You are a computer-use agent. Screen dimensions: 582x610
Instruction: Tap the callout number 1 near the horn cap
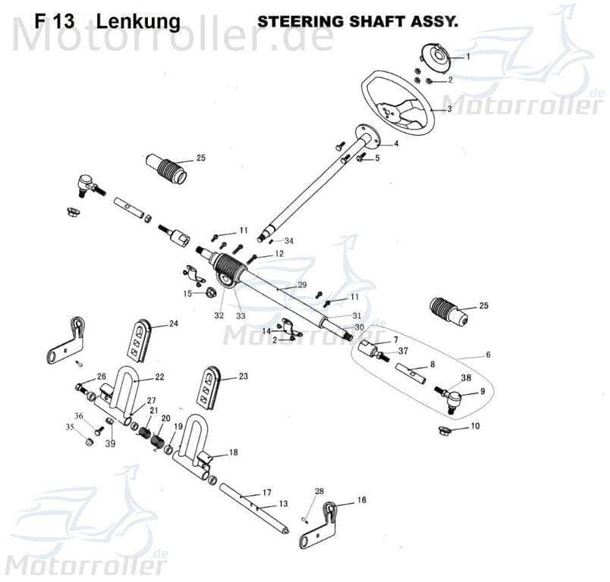468,56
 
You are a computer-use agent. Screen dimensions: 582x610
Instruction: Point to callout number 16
361,500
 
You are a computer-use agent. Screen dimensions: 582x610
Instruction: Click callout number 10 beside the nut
475,427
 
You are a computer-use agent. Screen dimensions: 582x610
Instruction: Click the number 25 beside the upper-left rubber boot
201,158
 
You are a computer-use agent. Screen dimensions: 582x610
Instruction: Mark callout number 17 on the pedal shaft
266,493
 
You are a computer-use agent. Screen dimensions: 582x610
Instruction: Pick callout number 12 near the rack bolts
280,254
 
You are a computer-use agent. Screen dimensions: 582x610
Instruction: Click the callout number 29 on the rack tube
302,285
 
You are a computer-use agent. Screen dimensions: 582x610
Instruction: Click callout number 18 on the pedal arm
233,452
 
